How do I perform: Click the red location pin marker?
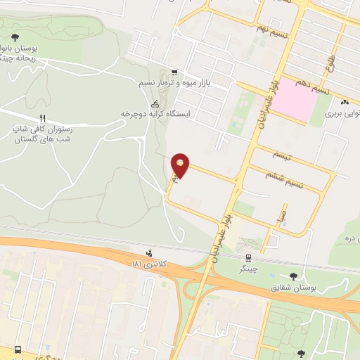click(x=181, y=166)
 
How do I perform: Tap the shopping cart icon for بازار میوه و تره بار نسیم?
click(x=174, y=72)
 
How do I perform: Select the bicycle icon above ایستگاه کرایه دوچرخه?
click(x=155, y=103)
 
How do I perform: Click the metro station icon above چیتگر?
click(x=248, y=259)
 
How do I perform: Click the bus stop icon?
click(x=17, y=349)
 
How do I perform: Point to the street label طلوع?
click(x=330, y=66)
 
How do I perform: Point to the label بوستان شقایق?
click(x=294, y=288)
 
